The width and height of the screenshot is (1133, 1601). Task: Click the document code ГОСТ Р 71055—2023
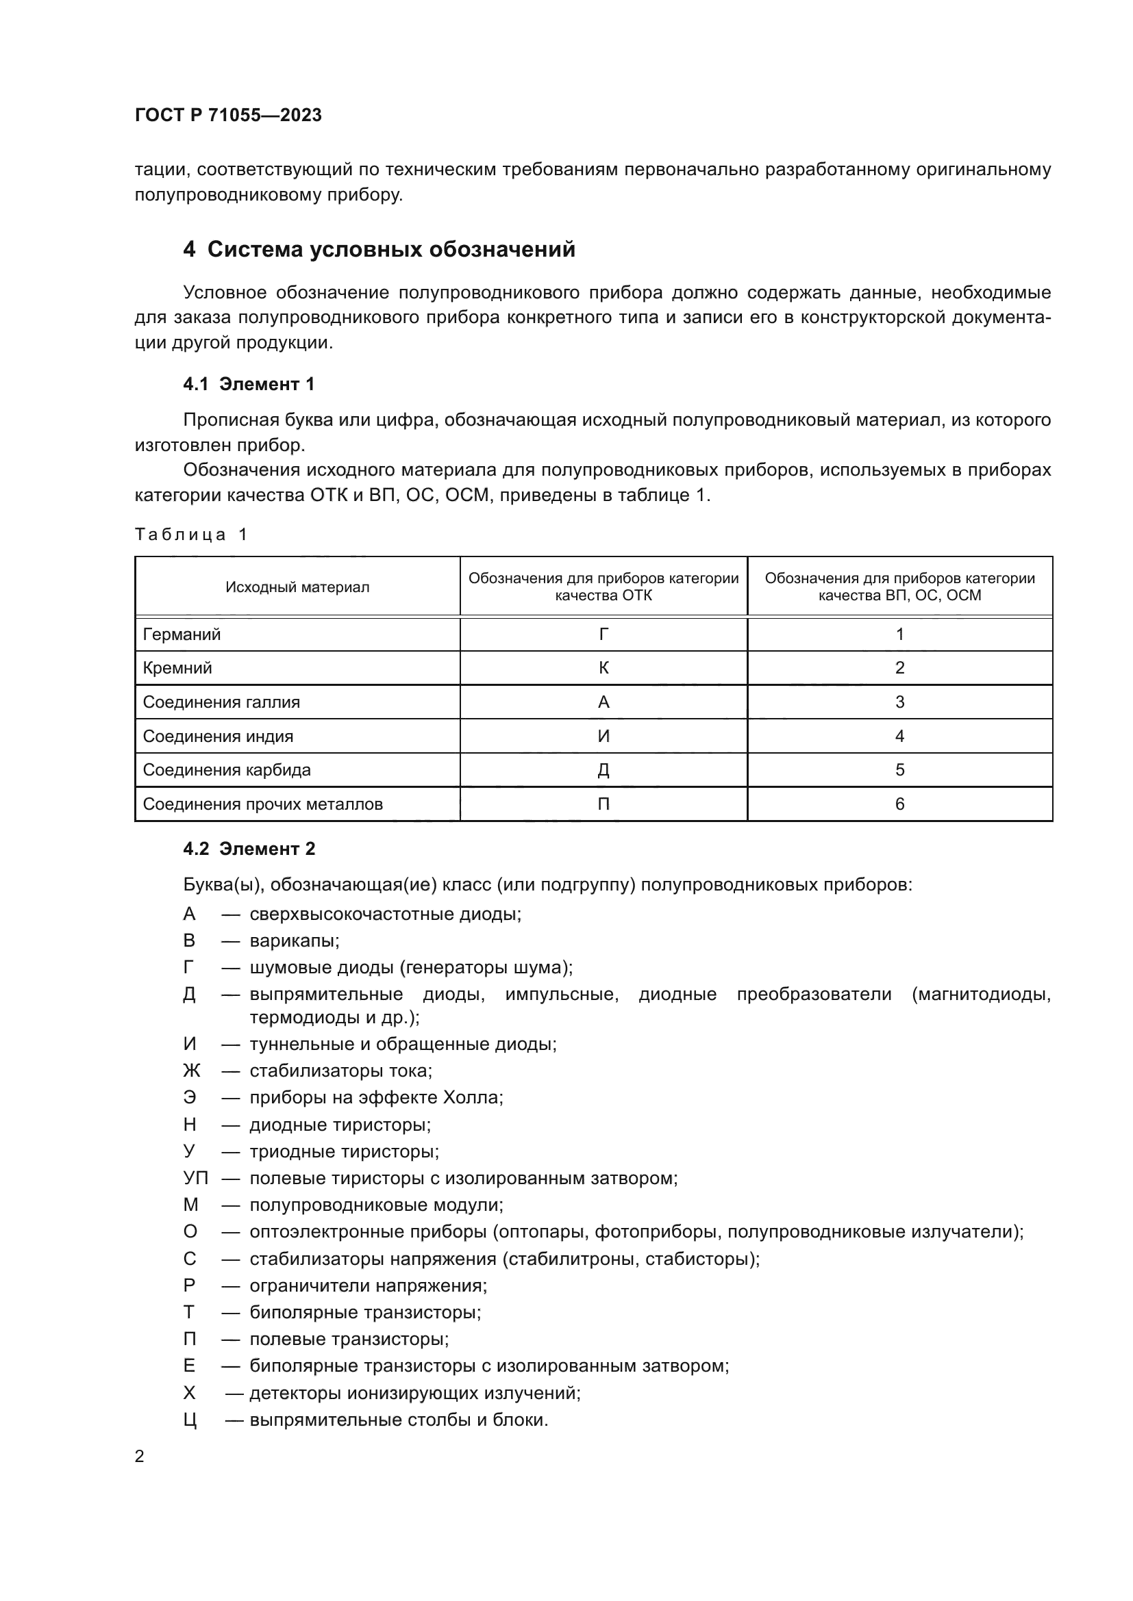[228, 115]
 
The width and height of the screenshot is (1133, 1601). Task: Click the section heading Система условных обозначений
[390, 249]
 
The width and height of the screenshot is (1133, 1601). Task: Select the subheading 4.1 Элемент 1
[249, 383]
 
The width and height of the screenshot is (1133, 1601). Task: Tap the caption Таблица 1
[191, 534]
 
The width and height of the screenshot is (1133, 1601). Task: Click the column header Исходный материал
[297, 587]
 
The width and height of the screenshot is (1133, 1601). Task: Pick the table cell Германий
[182, 634]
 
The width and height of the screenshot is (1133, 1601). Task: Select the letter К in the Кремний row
[603, 668]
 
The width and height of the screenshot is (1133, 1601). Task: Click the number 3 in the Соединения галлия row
[899, 702]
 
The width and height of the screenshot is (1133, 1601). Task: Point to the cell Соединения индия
[218, 737]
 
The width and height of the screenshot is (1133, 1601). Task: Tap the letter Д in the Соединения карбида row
[603, 771]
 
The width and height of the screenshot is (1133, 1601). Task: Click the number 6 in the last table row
[899, 804]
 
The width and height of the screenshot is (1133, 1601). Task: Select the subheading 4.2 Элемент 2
[249, 849]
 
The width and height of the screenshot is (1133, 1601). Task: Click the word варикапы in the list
[293, 940]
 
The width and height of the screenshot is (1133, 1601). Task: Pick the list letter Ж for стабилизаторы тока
[191, 1071]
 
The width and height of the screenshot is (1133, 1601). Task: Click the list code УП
[195, 1179]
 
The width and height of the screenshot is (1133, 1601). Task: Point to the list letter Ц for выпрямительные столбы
[190, 1420]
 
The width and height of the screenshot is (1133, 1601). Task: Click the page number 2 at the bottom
[140, 1457]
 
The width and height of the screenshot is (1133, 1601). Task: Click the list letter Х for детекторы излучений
[190, 1393]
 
